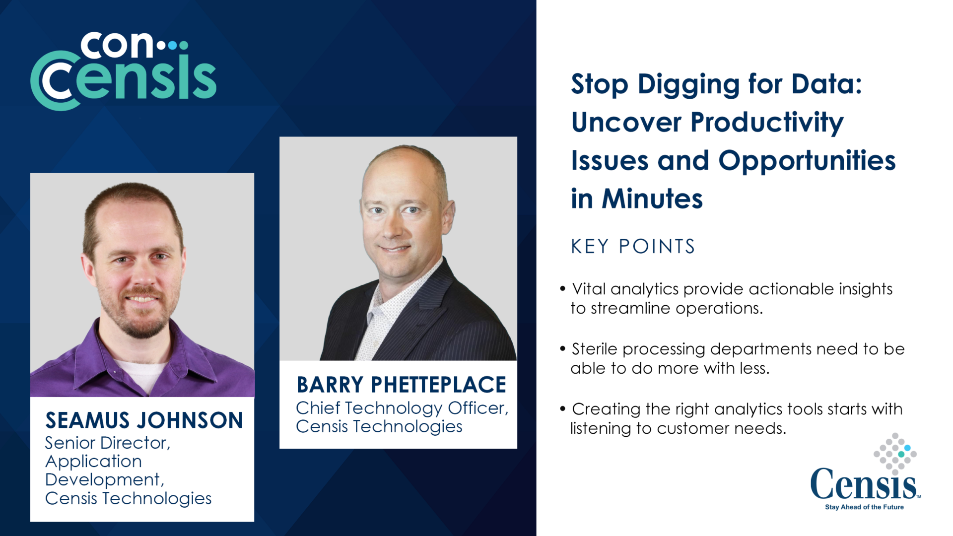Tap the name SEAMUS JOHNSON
coord(144,420)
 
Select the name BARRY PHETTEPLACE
coord(401,385)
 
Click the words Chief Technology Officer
coord(402,408)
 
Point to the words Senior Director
coord(107,443)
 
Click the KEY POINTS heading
coord(633,247)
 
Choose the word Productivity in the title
coord(767,123)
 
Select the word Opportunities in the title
coord(807,161)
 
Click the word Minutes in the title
coord(652,199)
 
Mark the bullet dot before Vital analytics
coord(562,289)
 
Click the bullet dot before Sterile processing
coord(562,349)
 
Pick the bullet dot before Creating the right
coord(562,409)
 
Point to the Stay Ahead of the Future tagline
coord(864,507)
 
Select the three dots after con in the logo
coord(172,46)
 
